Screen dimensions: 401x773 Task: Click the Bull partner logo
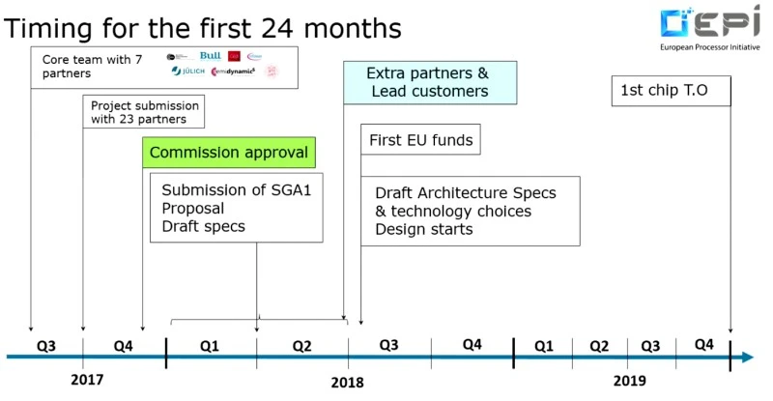pyautogui.click(x=210, y=56)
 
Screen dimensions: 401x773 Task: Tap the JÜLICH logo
pyautogui.click(x=187, y=72)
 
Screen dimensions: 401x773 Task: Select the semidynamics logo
pyautogui.click(x=233, y=72)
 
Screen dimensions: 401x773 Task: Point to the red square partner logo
pyautogui.click(x=235, y=56)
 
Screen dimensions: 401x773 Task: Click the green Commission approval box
pyautogui.click(x=229, y=153)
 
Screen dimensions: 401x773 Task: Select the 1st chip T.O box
pyautogui.click(x=671, y=92)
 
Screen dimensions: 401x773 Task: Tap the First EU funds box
pyautogui.click(x=420, y=141)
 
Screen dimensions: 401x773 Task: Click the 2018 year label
pyautogui.click(x=348, y=382)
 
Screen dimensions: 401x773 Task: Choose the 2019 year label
pyautogui.click(x=630, y=381)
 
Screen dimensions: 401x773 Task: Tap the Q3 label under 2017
pyautogui.click(x=46, y=345)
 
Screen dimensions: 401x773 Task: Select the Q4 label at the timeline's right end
pyautogui.click(x=703, y=345)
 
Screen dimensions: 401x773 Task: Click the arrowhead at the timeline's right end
pyautogui.click(x=747, y=358)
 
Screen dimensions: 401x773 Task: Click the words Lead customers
pyautogui.click(x=429, y=92)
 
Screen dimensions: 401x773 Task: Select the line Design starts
pyautogui.click(x=424, y=229)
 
